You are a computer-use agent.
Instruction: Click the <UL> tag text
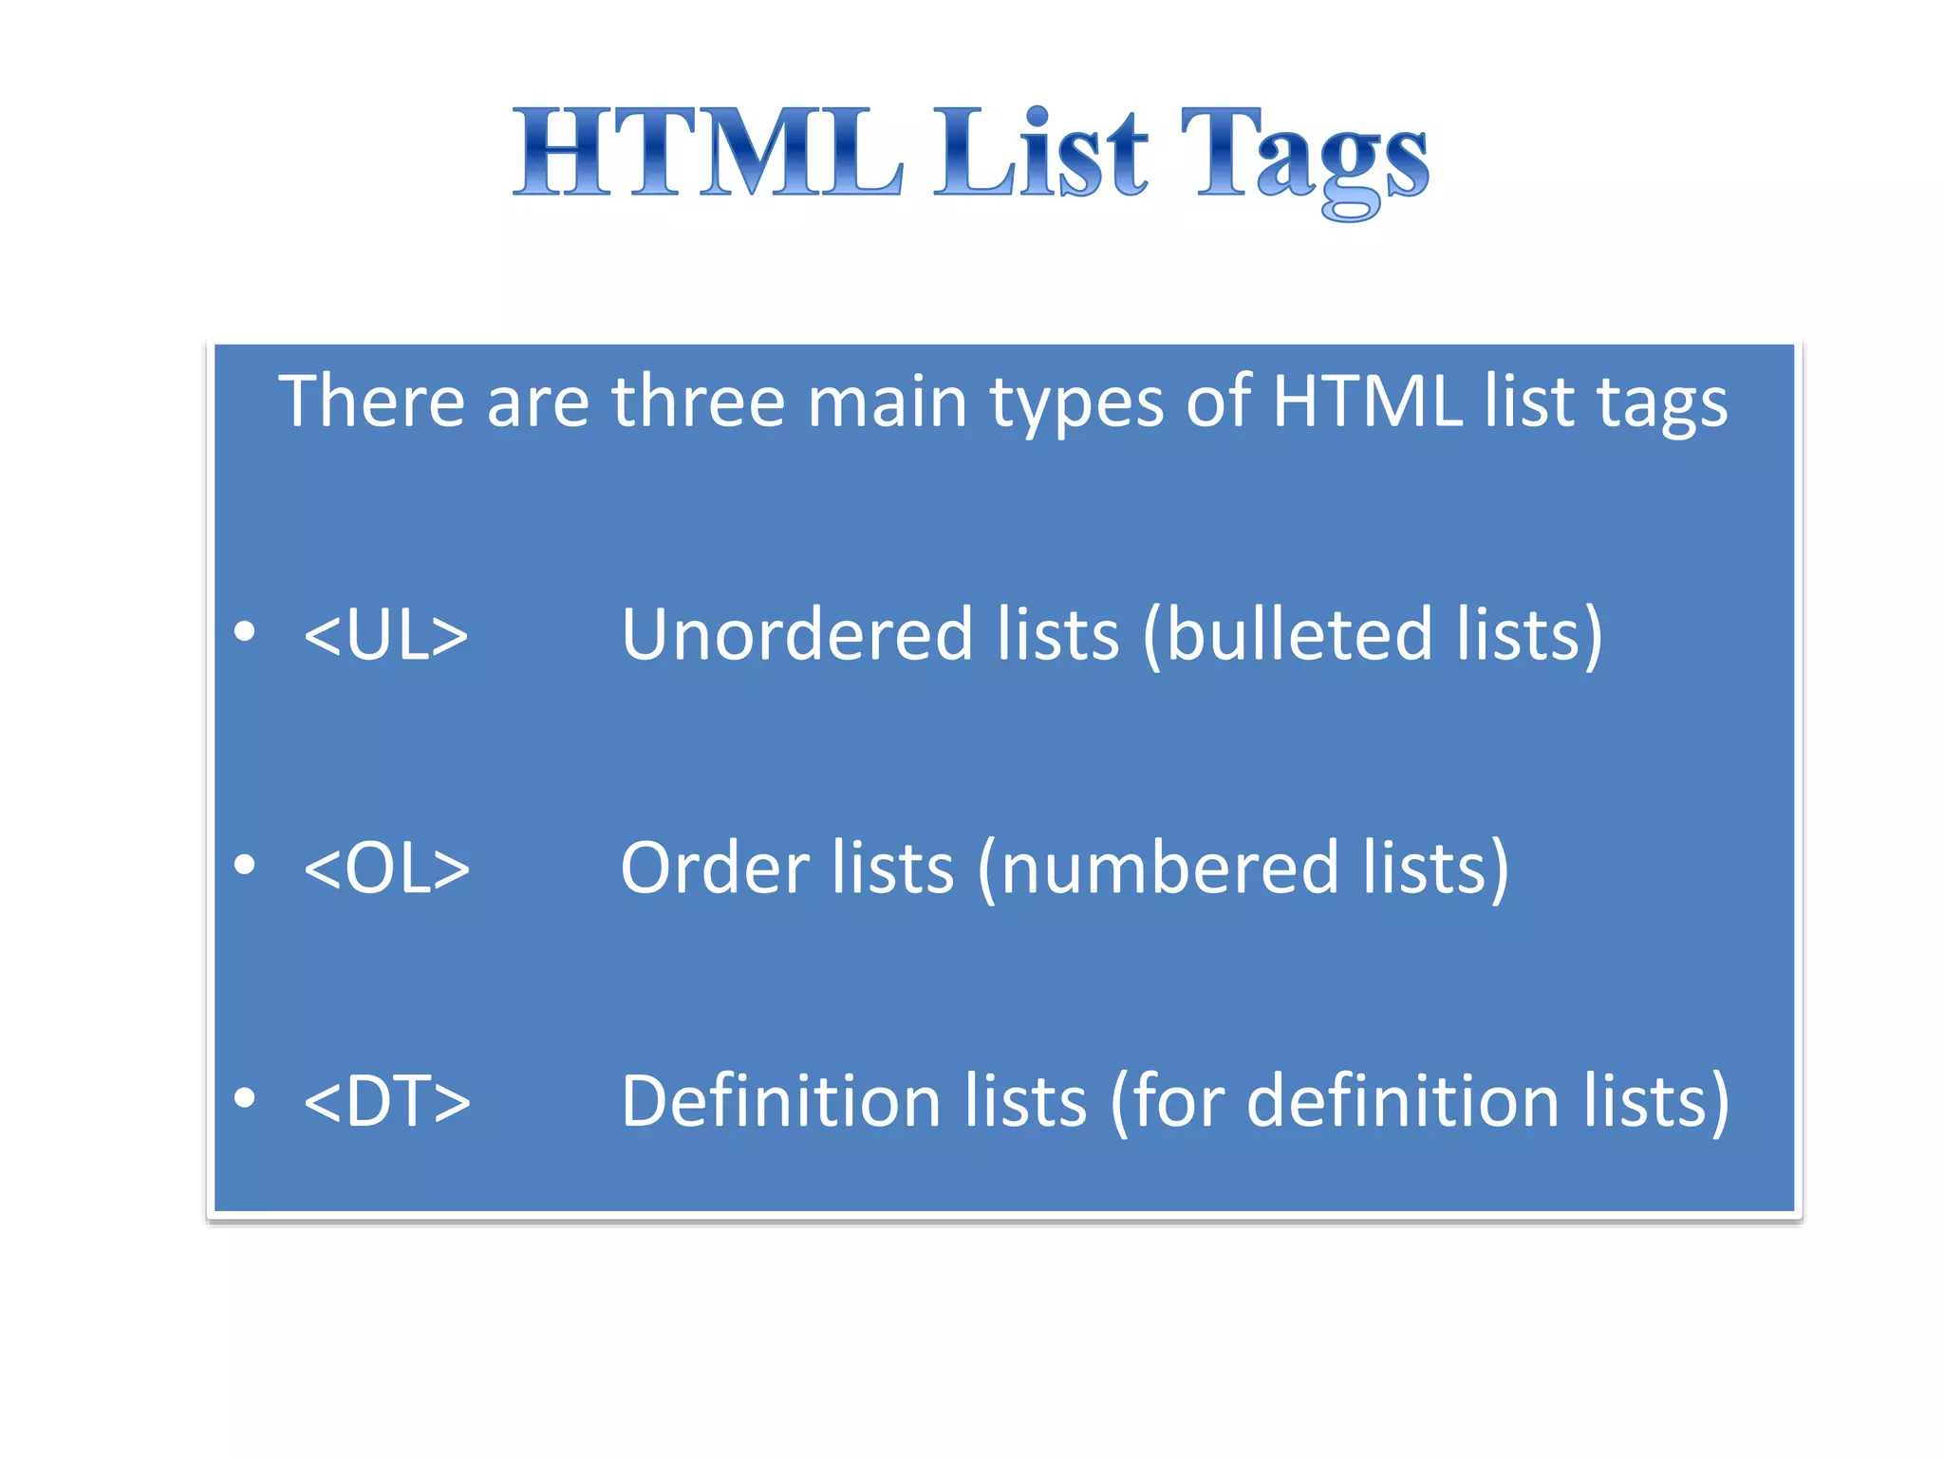point(385,635)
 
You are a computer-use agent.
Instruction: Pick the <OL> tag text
point(386,869)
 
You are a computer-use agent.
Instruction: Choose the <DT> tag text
point(386,1101)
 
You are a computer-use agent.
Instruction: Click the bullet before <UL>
point(245,631)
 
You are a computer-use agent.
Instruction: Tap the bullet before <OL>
point(245,865)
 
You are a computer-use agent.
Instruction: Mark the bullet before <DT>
point(245,1097)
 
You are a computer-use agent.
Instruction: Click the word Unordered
point(796,634)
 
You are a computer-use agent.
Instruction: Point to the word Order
point(714,868)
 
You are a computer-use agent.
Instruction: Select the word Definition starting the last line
point(780,1101)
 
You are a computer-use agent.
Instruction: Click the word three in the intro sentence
point(698,402)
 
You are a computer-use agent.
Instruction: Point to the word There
point(370,402)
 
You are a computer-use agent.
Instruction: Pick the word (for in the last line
point(1164,1101)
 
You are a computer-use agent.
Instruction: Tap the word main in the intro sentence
point(887,402)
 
